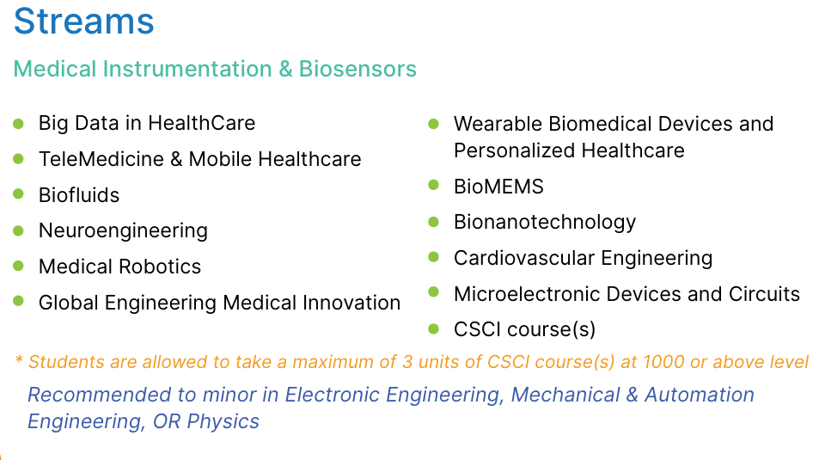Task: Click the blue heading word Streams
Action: pos(83,21)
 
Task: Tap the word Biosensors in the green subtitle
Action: pos(358,69)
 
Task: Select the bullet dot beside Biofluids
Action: pos(18,194)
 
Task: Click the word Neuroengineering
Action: pos(123,231)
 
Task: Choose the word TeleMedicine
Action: pos(101,159)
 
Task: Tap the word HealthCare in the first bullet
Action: pos(202,123)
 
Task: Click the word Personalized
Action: pos(515,150)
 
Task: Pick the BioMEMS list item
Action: pos(498,187)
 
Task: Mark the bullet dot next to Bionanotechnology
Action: pos(433,222)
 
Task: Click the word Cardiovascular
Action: pos(524,258)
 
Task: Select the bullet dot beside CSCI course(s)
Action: pos(433,328)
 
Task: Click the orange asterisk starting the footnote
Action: pos(19,359)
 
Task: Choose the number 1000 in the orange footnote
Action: pos(663,362)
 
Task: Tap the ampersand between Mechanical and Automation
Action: pos(632,395)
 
